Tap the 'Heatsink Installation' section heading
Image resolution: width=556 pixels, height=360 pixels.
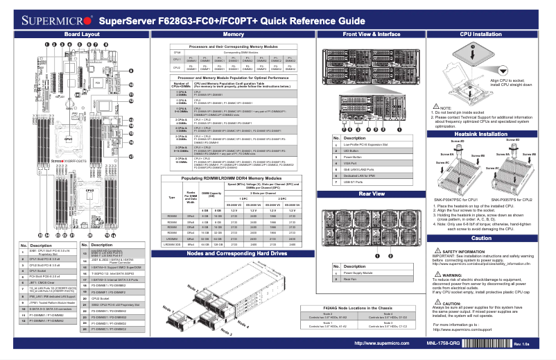click(486, 133)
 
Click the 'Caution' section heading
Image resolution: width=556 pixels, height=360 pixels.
click(486, 238)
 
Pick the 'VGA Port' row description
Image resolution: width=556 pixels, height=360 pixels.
click(351, 164)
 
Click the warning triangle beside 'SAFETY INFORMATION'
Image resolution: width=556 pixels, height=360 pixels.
click(436, 250)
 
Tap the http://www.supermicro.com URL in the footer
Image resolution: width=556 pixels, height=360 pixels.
click(379, 343)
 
